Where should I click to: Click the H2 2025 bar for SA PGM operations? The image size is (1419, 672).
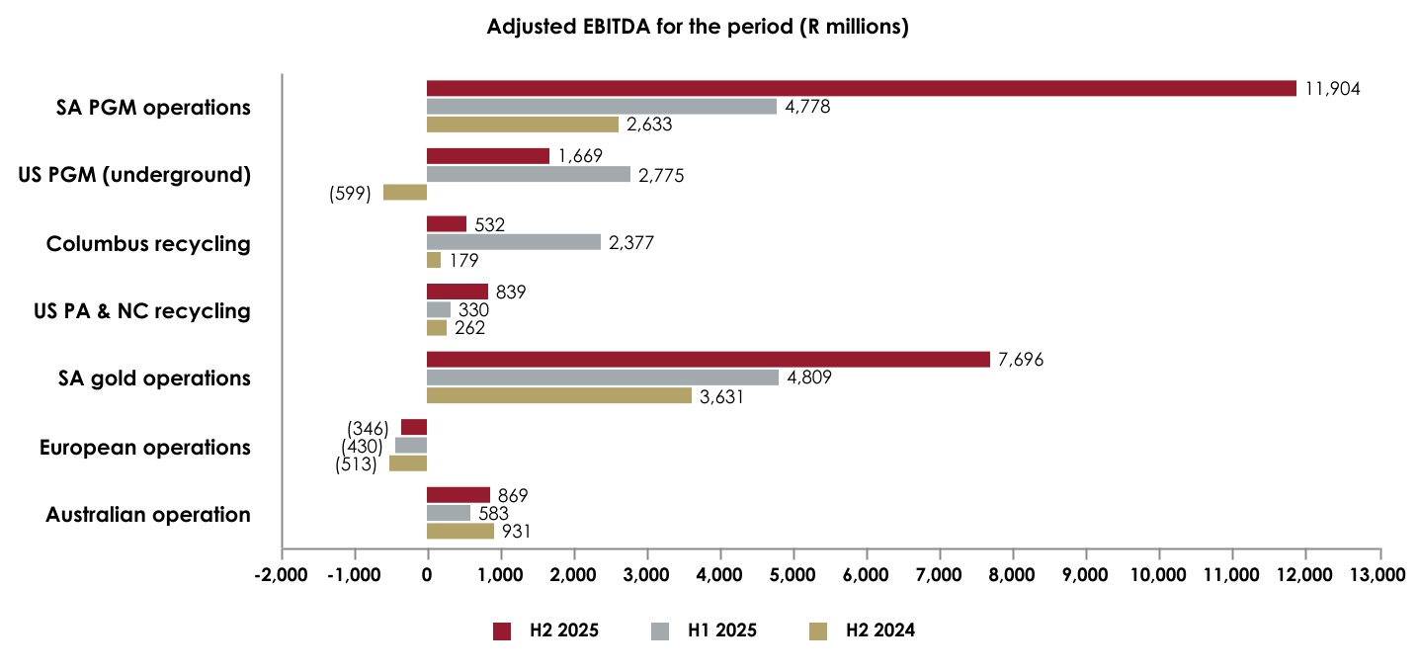point(860,89)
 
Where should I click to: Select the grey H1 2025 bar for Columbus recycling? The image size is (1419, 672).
point(513,242)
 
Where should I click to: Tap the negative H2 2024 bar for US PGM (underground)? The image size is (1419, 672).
point(405,193)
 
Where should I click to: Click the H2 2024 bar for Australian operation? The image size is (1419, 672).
point(459,532)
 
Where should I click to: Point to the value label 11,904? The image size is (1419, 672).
point(1332,89)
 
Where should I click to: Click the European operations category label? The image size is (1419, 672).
point(144,448)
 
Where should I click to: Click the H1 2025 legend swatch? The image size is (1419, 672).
point(659,630)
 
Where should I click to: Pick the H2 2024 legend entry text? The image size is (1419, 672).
point(879,630)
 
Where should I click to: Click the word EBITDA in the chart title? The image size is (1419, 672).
point(605,28)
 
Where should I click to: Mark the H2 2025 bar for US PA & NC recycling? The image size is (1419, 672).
point(457,292)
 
